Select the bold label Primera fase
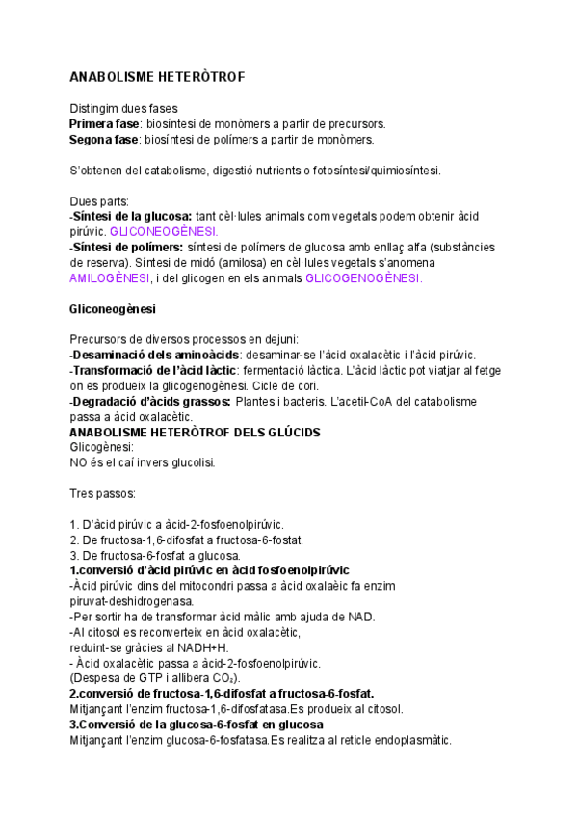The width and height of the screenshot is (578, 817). point(104,124)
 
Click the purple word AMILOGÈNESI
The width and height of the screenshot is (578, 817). point(110,278)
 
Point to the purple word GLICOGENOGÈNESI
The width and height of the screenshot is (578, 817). point(363,278)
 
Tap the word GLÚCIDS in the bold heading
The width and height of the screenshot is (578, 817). point(285,433)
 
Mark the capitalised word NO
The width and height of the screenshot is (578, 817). point(79,462)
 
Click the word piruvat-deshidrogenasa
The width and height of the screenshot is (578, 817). point(132,601)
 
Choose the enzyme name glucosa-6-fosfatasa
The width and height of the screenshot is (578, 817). point(215,739)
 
